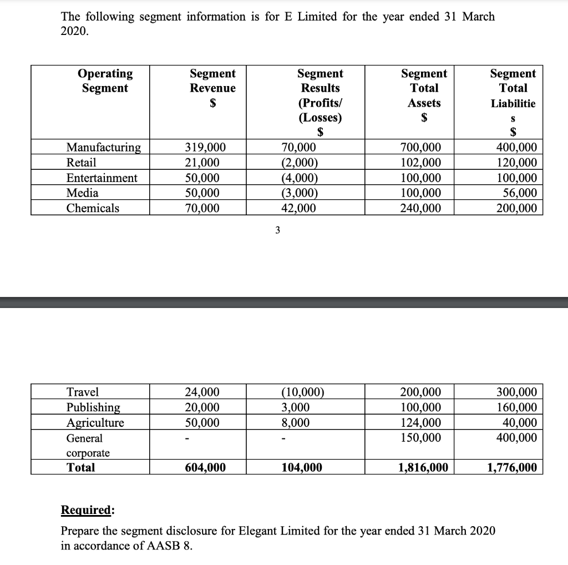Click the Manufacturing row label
[x=103, y=148]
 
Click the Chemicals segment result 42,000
[x=298, y=208]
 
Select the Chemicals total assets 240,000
[x=420, y=208]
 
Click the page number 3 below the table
[x=278, y=231]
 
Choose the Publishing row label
[x=93, y=407]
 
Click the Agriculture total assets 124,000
[x=420, y=422]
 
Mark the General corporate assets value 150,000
[x=420, y=437]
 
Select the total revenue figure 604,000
[x=205, y=467]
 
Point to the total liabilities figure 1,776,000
[x=511, y=467]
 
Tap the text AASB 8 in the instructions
[x=170, y=545]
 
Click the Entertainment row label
[x=102, y=178]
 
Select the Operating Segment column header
[x=105, y=81]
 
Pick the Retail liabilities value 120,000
[x=515, y=163]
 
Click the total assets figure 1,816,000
[x=423, y=467]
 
